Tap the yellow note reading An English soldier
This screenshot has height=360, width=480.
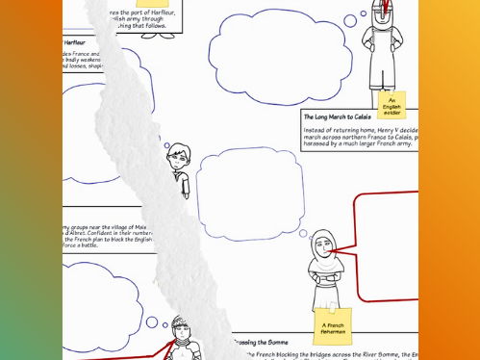391,103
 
